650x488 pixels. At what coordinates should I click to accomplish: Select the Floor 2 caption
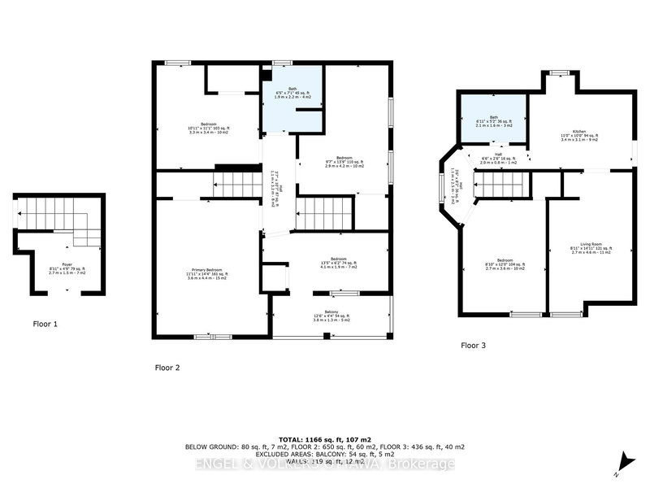pos(167,368)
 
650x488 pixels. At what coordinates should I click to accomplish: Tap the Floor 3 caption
pos(473,346)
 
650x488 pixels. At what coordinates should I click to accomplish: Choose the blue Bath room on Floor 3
pos(493,119)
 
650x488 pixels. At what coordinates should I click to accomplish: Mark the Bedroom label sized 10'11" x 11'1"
pos(204,128)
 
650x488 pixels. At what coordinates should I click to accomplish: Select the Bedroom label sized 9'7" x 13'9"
pos(344,160)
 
